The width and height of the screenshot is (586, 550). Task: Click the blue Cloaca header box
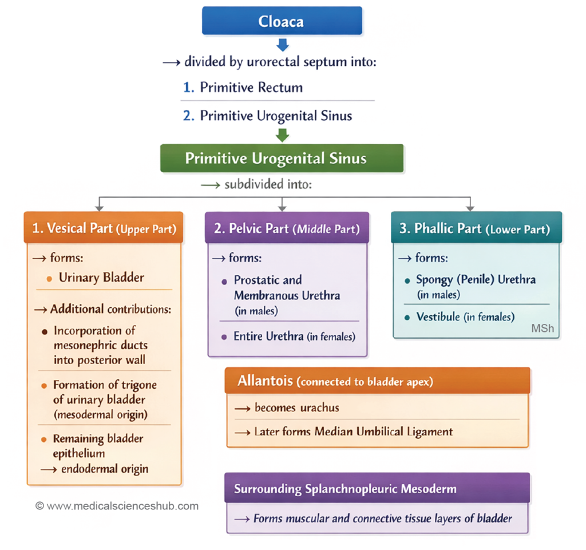(282, 21)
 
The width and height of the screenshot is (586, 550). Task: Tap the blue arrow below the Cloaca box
(282, 44)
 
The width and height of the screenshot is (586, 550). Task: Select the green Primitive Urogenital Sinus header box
(282, 158)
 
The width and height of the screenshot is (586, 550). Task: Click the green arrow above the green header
(282, 134)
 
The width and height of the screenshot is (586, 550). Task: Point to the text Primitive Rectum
(251, 88)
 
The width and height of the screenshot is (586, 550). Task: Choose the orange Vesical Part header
(104, 228)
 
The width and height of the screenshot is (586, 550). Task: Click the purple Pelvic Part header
(286, 228)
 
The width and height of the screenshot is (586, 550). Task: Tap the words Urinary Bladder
(101, 278)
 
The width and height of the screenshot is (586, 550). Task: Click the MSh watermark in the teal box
(543, 329)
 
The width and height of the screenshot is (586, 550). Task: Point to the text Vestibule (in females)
(465, 316)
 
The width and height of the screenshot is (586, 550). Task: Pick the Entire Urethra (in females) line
(294, 337)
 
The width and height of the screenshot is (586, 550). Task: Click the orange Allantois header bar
(377, 381)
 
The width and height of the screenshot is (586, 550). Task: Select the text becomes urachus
(296, 408)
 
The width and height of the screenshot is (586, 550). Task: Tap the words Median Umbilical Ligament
(383, 432)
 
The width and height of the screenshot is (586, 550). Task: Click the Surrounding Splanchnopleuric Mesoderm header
(377, 489)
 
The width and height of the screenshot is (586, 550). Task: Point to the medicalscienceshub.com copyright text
(117, 506)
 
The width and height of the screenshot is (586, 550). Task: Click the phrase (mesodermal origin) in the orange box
(100, 414)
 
